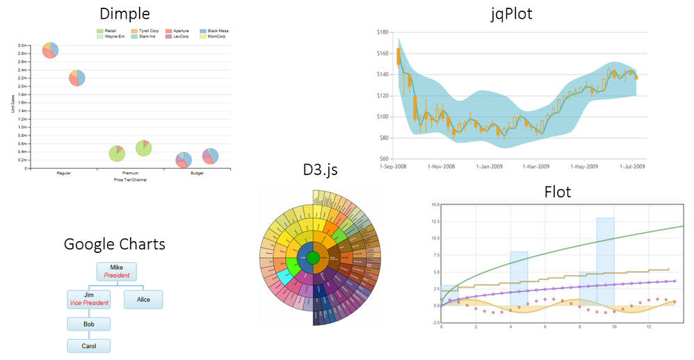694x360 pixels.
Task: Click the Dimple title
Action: pyautogui.click(x=124, y=14)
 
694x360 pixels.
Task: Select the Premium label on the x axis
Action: pyautogui.click(x=130, y=173)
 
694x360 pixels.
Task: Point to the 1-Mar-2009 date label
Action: pyautogui.click(x=540, y=167)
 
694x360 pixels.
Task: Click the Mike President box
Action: pyautogui.click(x=117, y=271)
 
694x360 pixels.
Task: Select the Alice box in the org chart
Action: pyautogui.click(x=143, y=300)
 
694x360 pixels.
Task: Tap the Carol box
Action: pyautogui.click(x=88, y=345)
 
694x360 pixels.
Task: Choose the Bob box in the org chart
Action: pyautogui.click(x=88, y=324)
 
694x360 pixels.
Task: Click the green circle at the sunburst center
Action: pyautogui.click(x=313, y=259)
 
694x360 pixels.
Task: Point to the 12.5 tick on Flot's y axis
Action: pyautogui.click(x=435, y=221)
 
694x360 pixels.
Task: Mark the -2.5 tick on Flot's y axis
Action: pyautogui.click(x=435, y=322)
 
